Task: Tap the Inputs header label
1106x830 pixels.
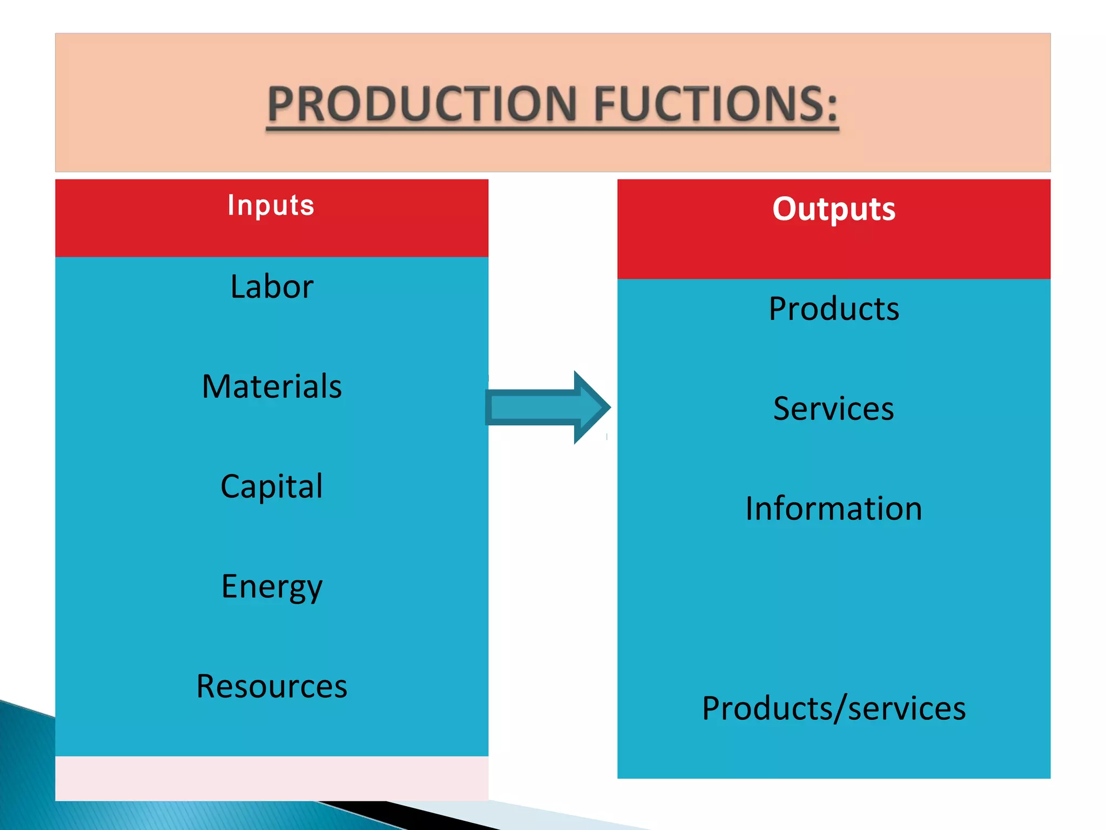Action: pyautogui.click(x=271, y=205)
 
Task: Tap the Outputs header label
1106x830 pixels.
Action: pyautogui.click(x=834, y=209)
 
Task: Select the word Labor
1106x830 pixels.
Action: pyautogui.click(x=272, y=286)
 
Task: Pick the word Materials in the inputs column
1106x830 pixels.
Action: pyautogui.click(x=272, y=386)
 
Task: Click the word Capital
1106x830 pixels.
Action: pyautogui.click(x=272, y=486)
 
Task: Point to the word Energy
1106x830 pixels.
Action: pyautogui.click(x=272, y=587)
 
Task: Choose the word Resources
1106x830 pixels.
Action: pyautogui.click(x=272, y=686)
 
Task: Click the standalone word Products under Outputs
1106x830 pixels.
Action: pyautogui.click(x=834, y=309)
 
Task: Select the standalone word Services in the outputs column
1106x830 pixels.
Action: pyautogui.click(x=834, y=409)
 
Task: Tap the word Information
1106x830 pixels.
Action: pyautogui.click(x=834, y=508)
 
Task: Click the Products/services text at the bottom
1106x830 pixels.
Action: pyautogui.click(x=834, y=708)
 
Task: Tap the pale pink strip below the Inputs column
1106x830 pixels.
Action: pyautogui.click(x=272, y=778)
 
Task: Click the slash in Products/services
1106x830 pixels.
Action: pyautogui.click(x=840, y=708)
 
